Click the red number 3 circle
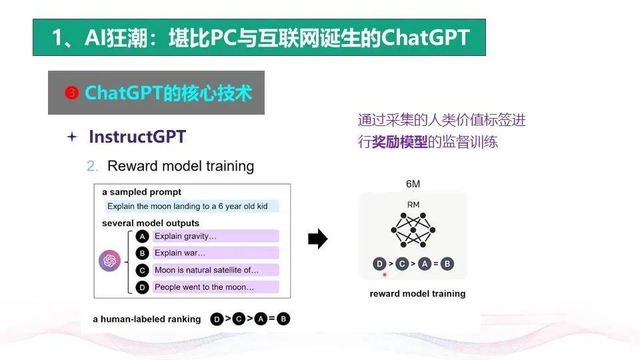71,93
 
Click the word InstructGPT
137,137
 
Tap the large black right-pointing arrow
317,239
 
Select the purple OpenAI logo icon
109,261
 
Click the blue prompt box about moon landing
192,206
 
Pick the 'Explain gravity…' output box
215,236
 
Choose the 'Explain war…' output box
215,253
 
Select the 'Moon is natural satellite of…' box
215,270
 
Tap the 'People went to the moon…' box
215,287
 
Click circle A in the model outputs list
142,236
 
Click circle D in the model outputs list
142,288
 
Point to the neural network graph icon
413,230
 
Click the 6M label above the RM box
413,184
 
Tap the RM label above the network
413,205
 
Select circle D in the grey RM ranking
379,264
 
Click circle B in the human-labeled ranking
283,319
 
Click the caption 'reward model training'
417,293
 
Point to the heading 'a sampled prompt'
141,192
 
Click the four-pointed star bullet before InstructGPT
72,137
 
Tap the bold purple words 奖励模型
399,142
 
